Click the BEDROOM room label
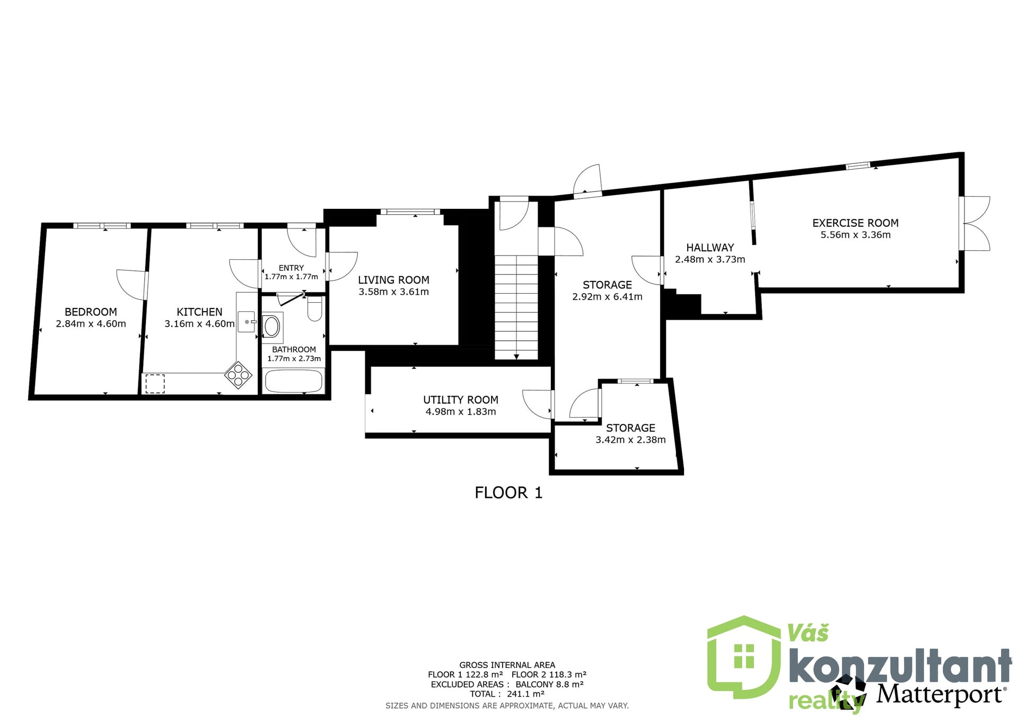(91, 312)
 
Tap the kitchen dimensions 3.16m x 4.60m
(199, 323)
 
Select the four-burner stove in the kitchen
(238, 374)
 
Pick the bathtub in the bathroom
(293, 381)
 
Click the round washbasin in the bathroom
(272, 327)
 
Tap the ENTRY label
(291, 268)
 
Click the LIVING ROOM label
(393, 280)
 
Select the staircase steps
(516, 307)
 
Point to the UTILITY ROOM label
(461, 400)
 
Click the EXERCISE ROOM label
(855, 223)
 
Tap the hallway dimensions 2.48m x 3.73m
(710, 259)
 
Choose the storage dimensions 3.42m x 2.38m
(630, 440)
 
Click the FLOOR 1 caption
(508, 493)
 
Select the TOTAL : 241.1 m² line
(507, 693)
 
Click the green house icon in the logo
(744, 657)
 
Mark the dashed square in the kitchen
(155, 384)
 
